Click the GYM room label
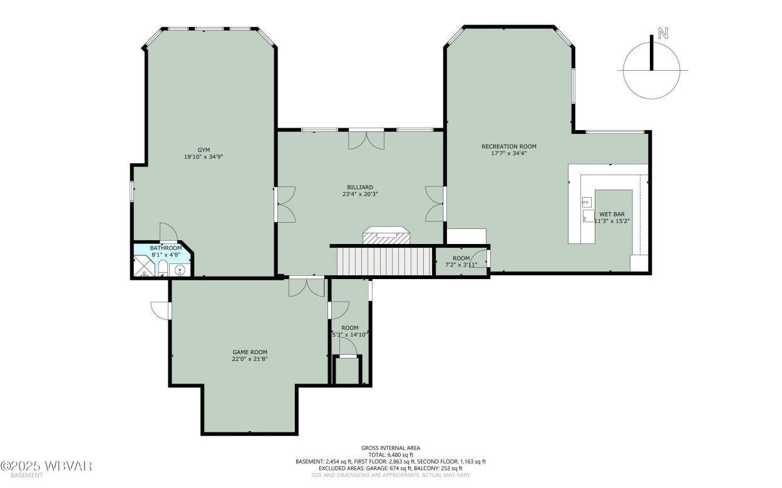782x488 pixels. [203, 150]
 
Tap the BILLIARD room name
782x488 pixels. [360, 186]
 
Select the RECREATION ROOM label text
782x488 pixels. [508, 146]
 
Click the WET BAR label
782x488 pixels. [612, 214]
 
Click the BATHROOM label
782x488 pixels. [166, 248]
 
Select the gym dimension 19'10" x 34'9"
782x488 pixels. [203, 157]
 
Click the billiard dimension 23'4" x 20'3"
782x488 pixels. [360, 194]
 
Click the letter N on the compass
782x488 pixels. [663, 34]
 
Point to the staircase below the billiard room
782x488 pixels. [386, 260]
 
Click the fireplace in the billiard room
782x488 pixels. [386, 235]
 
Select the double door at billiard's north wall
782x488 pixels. [366, 139]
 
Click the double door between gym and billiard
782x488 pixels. [284, 204]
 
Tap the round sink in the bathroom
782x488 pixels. [180, 270]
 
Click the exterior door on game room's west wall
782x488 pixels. [161, 309]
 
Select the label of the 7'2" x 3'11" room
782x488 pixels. [461, 258]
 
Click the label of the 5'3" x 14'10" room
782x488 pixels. [350, 328]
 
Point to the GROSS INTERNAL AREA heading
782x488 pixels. [390, 447]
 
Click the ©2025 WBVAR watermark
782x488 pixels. [47, 466]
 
